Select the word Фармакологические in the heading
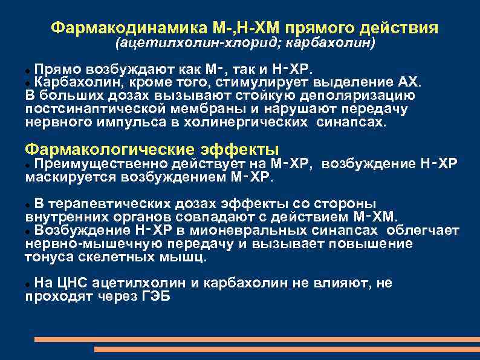(x=108, y=149)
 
